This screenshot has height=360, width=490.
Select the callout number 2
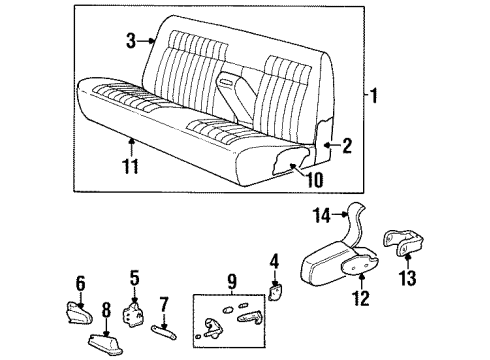(x=347, y=147)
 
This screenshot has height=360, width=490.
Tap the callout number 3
(x=131, y=41)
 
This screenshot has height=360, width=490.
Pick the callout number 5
(x=134, y=276)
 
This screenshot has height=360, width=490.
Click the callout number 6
(x=81, y=283)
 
